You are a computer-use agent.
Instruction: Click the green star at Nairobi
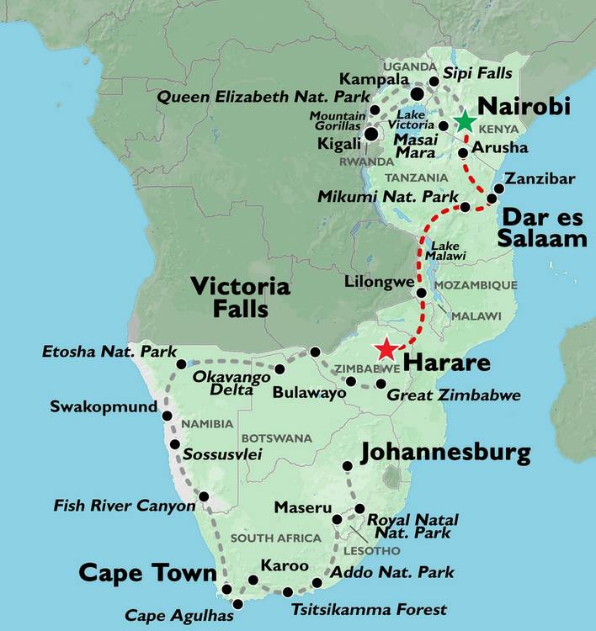[x=465, y=121]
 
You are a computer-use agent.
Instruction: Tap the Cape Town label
[x=147, y=573]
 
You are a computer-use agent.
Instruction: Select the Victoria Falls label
[x=240, y=298]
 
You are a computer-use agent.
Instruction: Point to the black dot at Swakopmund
[x=167, y=416]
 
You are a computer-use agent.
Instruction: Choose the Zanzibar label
[x=540, y=178]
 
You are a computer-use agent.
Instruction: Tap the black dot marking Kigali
[x=370, y=134]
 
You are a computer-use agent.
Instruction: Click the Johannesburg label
[x=445, y=453]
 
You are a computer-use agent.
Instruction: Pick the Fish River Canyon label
[x=124, y=506]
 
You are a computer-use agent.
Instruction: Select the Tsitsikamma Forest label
[x=369, y=609]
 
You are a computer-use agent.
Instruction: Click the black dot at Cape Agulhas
[x=238, y=604]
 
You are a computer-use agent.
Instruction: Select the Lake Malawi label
[x=445, y=251]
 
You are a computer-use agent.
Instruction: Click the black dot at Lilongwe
[x=422, y=292]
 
